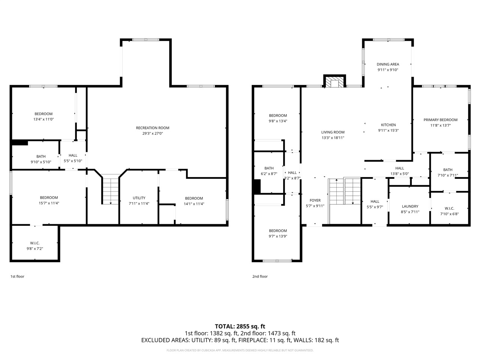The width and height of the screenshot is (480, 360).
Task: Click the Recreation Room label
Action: click(152, 128)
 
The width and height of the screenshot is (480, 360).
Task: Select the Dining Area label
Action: click(388, 64)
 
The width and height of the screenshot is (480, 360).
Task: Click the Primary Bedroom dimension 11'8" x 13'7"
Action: click(440, 126)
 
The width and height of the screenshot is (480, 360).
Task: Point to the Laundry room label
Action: click(410, 206)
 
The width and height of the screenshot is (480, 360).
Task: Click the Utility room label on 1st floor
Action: click(139, 198)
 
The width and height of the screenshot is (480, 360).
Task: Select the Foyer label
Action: click(315, 200)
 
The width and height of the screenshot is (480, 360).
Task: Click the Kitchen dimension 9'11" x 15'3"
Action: click(388, 130)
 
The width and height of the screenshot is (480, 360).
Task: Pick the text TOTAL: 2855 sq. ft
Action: click(240, 326)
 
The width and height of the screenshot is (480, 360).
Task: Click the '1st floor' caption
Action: click(17, 276)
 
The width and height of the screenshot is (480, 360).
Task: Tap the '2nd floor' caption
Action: click(260, 276)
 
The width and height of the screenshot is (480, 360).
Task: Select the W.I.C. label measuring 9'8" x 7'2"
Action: click(35, 243)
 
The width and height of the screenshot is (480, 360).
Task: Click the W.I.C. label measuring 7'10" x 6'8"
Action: click(449, 208)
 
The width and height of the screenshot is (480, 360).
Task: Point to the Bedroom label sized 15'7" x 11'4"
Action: click(49, 198)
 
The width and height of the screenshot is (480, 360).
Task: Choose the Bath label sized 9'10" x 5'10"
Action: click(41, 156)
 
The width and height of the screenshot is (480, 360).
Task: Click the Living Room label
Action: click(333, 132)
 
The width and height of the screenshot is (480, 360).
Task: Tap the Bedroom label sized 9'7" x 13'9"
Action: click(277, 231)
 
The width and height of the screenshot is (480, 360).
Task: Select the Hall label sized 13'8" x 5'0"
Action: click(399, 168)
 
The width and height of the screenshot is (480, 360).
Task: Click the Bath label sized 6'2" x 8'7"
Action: click(269, 168)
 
